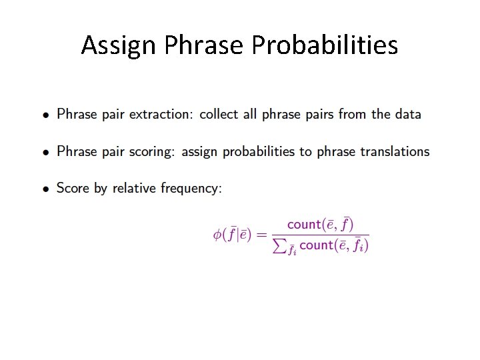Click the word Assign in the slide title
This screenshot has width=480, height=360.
[119, 45]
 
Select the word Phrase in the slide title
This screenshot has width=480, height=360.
[204, 45]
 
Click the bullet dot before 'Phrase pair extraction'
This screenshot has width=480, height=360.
[45, 115]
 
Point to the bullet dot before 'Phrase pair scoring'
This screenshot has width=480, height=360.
[45, 153]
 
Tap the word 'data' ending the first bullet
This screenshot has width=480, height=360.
[407, 114]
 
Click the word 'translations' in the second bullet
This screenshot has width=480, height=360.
[395, 151]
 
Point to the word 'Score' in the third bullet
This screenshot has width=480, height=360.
[73, 189]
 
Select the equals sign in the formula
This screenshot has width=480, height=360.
[262, 235]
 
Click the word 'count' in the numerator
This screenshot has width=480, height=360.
[304, 225]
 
